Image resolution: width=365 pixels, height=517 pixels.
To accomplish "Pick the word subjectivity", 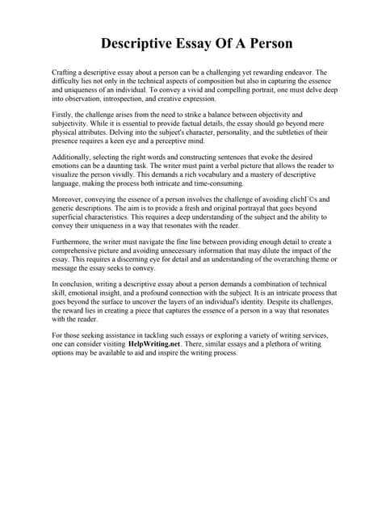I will (x=73, y=124).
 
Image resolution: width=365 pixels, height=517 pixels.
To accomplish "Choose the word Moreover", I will (x=69, y=199).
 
